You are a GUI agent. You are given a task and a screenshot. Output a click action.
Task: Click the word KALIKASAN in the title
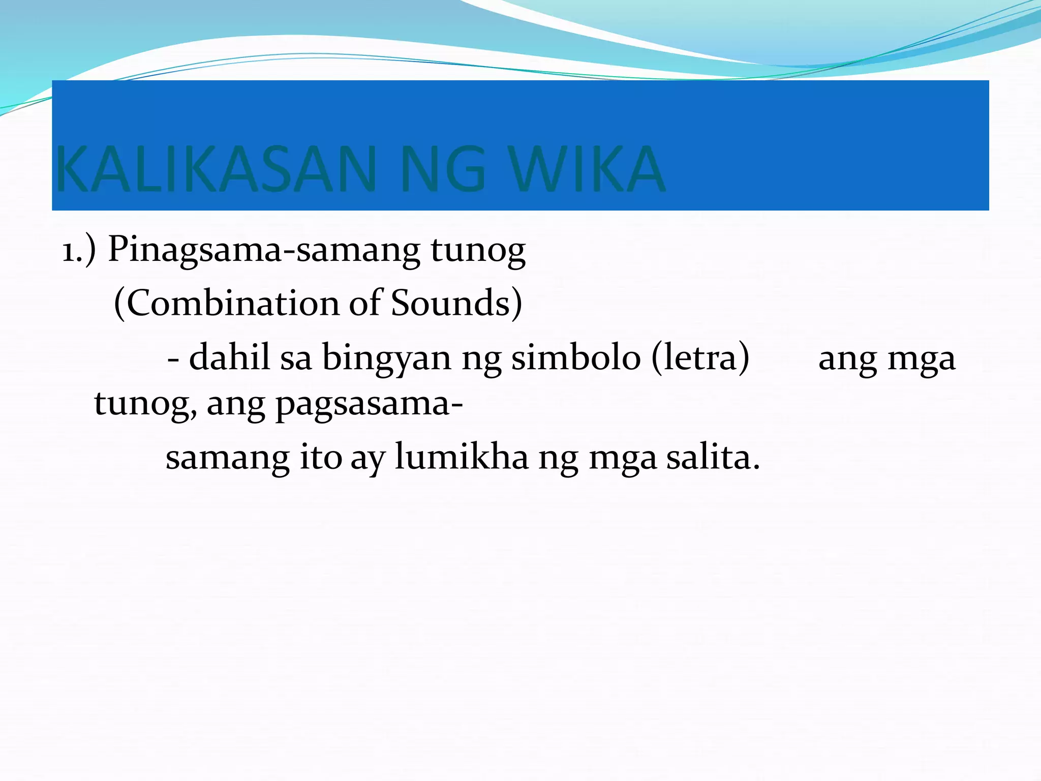click(x=216, y=169)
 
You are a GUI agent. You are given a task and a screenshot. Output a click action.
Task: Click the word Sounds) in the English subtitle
click(x=456, y=304)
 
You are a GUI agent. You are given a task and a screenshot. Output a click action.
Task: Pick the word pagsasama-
click(x=369, y=405)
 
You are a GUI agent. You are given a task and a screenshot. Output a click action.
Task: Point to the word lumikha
click(x=462, y=457)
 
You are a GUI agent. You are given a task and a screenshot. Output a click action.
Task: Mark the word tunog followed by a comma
click(x=145, y=405)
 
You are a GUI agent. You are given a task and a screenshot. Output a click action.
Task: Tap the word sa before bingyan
click(x=296, y=357)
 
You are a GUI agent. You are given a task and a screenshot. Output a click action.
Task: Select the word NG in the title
click(x=443, y=169)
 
